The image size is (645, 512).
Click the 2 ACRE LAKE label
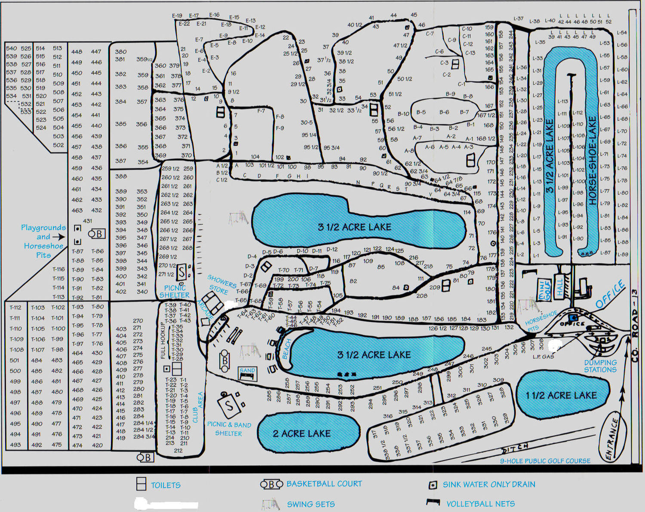pos(302,433)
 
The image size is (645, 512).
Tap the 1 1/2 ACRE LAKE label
pos(561,395)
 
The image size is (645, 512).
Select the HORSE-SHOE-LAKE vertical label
pos(593,160)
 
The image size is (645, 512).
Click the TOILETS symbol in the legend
pos(141,484)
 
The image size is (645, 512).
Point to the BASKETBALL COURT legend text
pos(324,484)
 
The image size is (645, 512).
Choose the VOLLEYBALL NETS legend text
pos(480,504)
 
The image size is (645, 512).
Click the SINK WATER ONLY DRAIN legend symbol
pos(433,485)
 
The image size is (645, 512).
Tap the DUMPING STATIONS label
pos(600,366)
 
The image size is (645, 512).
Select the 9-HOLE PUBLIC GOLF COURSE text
pos(545,461)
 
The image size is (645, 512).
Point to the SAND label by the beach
pos(247,370)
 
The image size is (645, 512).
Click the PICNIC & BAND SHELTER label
pos(229,429)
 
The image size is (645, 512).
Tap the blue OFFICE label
pos(611,294)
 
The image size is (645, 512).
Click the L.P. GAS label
pos(543,357)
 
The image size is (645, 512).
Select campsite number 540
pos(12,49)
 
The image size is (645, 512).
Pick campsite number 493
pos(15,445)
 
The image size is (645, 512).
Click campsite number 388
pos(121,176)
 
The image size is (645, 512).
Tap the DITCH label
pos(515,449)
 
